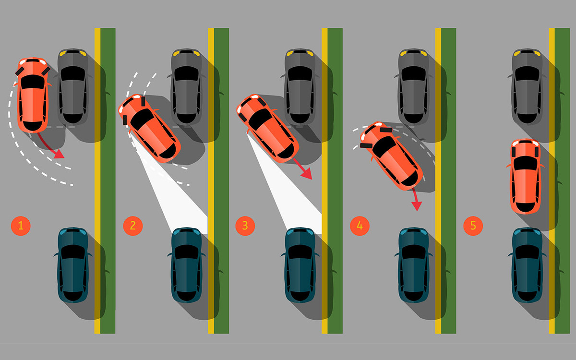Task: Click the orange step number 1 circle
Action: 21,226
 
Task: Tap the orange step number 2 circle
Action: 133,226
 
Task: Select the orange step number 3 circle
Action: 245,226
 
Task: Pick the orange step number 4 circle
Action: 360,226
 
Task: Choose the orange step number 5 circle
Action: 473,226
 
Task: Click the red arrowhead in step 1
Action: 60,154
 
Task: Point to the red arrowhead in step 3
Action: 307,174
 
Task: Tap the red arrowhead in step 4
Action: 417,206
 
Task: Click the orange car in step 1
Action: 33,95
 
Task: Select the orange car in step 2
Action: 149,128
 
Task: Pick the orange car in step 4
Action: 391,156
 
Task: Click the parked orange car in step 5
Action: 525,177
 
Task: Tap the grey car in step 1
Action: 73,86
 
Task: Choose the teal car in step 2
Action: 186,265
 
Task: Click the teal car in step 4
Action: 414,265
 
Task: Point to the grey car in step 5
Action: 528,86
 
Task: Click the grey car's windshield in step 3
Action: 300,73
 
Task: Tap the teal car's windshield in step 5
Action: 528,252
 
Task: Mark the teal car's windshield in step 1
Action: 73,252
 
